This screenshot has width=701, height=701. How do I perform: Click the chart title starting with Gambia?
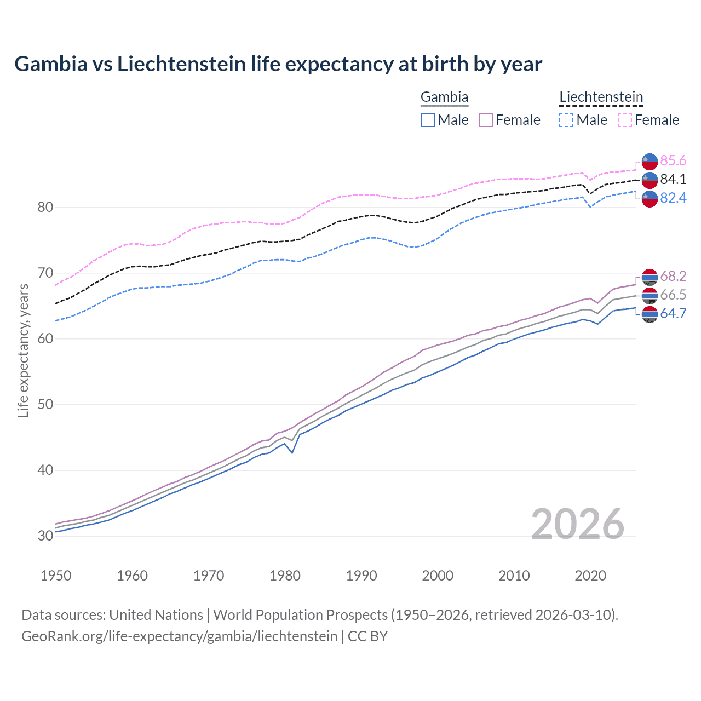tap(278, 64)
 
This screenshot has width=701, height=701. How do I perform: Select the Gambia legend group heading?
tap(444, 97)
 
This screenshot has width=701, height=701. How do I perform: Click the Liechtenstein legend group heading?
tap(601, 97)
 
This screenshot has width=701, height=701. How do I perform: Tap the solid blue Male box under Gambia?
tap(428, 120)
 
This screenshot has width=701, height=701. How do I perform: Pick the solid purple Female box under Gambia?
tap(486, 120)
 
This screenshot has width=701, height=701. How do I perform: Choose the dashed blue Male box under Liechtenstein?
tap(566, 120)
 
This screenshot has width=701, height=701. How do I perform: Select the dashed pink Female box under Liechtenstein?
tap(625, 120)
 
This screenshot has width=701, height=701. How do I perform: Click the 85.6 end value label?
tap(673, 160)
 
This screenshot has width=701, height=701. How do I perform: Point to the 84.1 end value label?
tap(673, 179)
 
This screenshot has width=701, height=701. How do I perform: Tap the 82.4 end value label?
tap(673, 198)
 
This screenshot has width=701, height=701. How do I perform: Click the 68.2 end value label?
tap(673, 276)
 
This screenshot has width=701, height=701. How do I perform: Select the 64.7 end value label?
tap(673, 313)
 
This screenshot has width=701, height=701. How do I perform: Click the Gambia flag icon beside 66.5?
tap(650, 295)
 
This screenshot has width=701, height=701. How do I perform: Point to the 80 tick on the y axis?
tap(45, 207)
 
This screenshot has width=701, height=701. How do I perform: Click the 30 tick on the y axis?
tap(45, 536)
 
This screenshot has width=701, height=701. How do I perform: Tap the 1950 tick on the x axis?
tap(56, 576)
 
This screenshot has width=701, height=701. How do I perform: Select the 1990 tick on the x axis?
tap(361, 576)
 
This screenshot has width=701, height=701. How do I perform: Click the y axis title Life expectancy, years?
tap(24, 350)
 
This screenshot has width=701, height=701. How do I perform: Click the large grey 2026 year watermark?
tap(577, 524)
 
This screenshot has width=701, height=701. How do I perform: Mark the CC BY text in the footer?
tap(367, 636)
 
